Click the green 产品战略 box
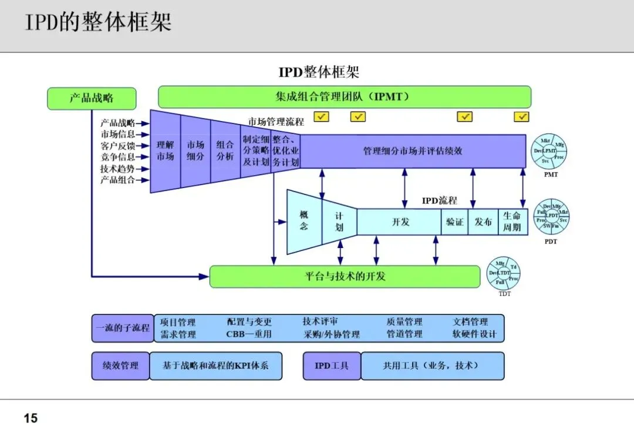click(92, 98)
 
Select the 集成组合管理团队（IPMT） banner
click(344, 97)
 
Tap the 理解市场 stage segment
click(166, 150)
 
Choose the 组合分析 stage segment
click(225, 150)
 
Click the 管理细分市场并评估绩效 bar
click(413, 151)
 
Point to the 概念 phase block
click(303, 221)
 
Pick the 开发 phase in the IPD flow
click(400, 222)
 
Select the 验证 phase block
click(454, 222)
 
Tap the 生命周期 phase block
click(512, 222)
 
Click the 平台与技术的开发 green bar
click(345, 276)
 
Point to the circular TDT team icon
click(504, 273)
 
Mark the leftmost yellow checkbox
click(321, 116)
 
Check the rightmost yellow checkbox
click(521, 116)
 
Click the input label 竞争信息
click(117, 157)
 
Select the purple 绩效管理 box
click(121, 366)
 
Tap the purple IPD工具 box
click(332, 366)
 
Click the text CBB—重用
click(249, 334)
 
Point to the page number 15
click(31, 418)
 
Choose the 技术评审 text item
click(320, 322)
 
